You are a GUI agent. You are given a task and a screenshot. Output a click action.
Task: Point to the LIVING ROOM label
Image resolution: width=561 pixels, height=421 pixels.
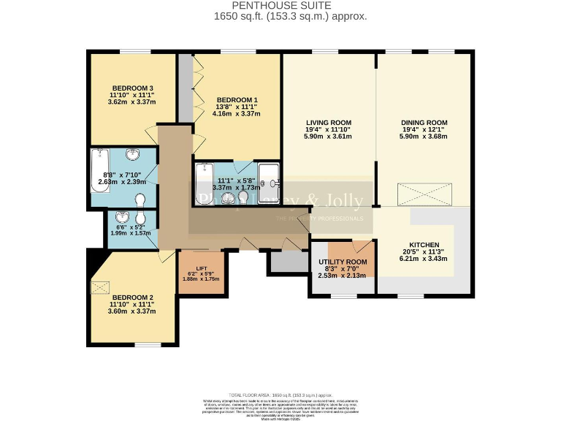coord(328,122)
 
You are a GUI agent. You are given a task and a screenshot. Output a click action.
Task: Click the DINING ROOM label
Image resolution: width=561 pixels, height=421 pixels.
coord(424,122)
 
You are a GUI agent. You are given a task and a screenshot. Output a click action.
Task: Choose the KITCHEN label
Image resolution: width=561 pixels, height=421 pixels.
coord(424,245)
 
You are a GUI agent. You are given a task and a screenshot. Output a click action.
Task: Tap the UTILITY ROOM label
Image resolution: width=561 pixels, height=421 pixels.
coord(343,262)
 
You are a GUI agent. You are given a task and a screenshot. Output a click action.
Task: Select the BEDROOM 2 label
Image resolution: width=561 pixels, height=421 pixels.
coord(131,297)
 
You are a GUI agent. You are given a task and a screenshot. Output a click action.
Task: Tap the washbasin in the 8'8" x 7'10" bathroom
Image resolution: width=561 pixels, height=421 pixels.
coord(134,154)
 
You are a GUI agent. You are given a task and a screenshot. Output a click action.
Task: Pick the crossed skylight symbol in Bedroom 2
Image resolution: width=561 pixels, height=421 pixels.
coord(99,287)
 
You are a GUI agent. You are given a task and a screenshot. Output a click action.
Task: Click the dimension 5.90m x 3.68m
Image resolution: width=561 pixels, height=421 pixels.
coord(424,136)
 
